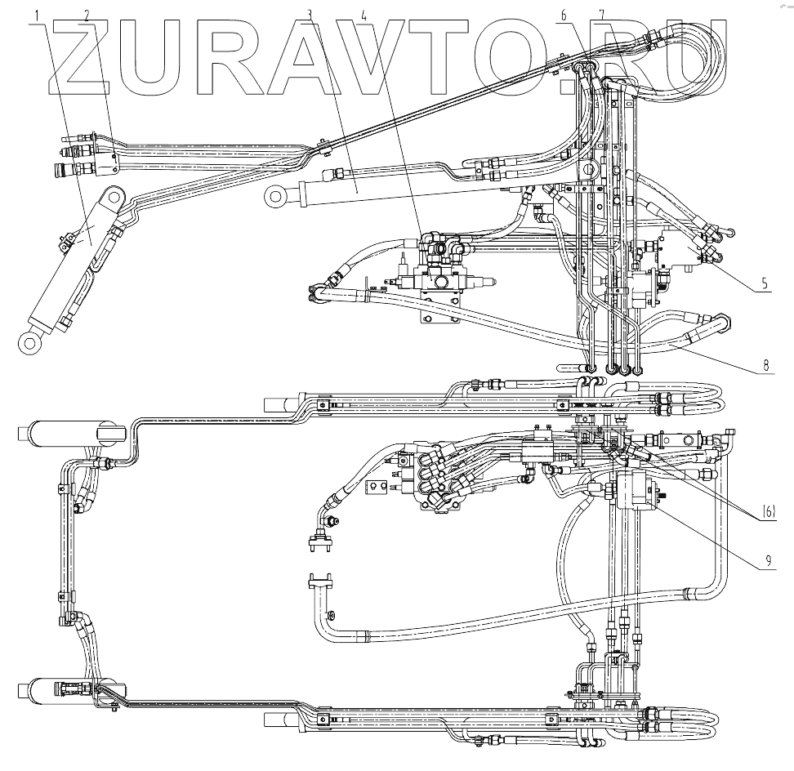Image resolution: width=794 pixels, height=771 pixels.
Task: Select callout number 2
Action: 87,14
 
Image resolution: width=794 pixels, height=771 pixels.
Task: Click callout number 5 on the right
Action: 764,284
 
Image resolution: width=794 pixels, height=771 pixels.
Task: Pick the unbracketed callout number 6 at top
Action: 564,14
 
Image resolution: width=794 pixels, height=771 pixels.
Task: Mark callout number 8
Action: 765,365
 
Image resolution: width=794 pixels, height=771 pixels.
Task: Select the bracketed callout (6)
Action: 769,512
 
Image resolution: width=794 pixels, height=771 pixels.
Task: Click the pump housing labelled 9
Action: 638,490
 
